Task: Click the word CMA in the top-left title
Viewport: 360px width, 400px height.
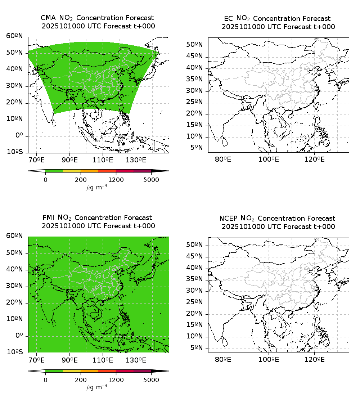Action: click(x=48, y=18)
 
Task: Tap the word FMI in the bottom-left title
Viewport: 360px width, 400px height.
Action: click(x=49, y=218)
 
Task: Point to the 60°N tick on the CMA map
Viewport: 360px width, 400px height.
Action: click(x=15, y=36)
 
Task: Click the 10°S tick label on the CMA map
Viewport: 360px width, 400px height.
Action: click(x=15, y=152)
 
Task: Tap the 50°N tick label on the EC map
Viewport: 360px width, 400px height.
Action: click(x=194, y=45)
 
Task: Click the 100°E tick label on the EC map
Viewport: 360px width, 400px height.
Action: click(x=269, y=159)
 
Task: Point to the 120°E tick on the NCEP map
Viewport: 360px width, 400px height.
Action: click(x=315, y=359)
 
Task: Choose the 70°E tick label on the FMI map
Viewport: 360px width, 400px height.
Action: click(x=36, y=359)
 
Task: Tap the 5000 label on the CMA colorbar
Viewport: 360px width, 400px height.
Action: click(x=151, y=180)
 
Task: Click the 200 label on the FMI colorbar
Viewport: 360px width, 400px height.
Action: click(x=81, y=379)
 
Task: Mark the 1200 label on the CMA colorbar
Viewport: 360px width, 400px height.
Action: click(x=116, y=180)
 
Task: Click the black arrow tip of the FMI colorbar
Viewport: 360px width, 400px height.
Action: click(x=164, y=371)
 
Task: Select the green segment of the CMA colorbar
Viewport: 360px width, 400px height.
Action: click(x=54, y=171)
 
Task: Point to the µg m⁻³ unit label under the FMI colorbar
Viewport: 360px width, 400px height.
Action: click(x=96, y=387)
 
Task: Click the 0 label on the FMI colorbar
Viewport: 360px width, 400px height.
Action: click(x=45, y=379)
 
